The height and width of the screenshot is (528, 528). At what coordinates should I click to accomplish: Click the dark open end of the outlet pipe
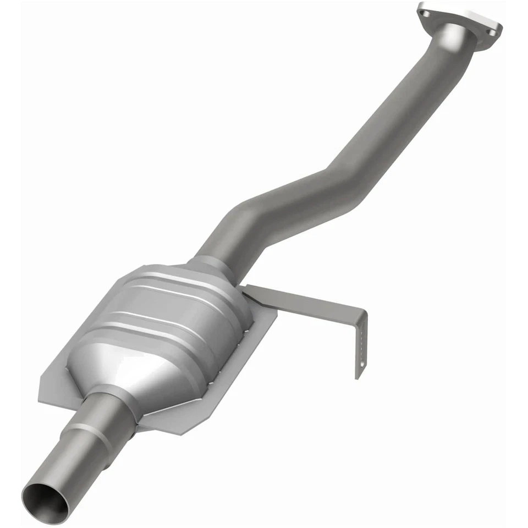click(x=46, y=502)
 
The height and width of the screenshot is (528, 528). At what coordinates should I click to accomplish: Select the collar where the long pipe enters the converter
click(x=212, y=267)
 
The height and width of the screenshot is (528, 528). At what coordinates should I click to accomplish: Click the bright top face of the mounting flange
click(x=459, y=16)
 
